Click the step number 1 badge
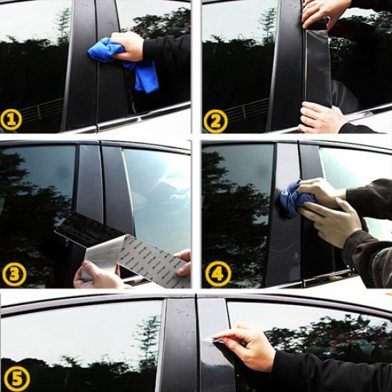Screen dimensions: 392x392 click(11, 120)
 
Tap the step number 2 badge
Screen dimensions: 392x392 click(215, 120)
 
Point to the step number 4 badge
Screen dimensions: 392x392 click(218, 274)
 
